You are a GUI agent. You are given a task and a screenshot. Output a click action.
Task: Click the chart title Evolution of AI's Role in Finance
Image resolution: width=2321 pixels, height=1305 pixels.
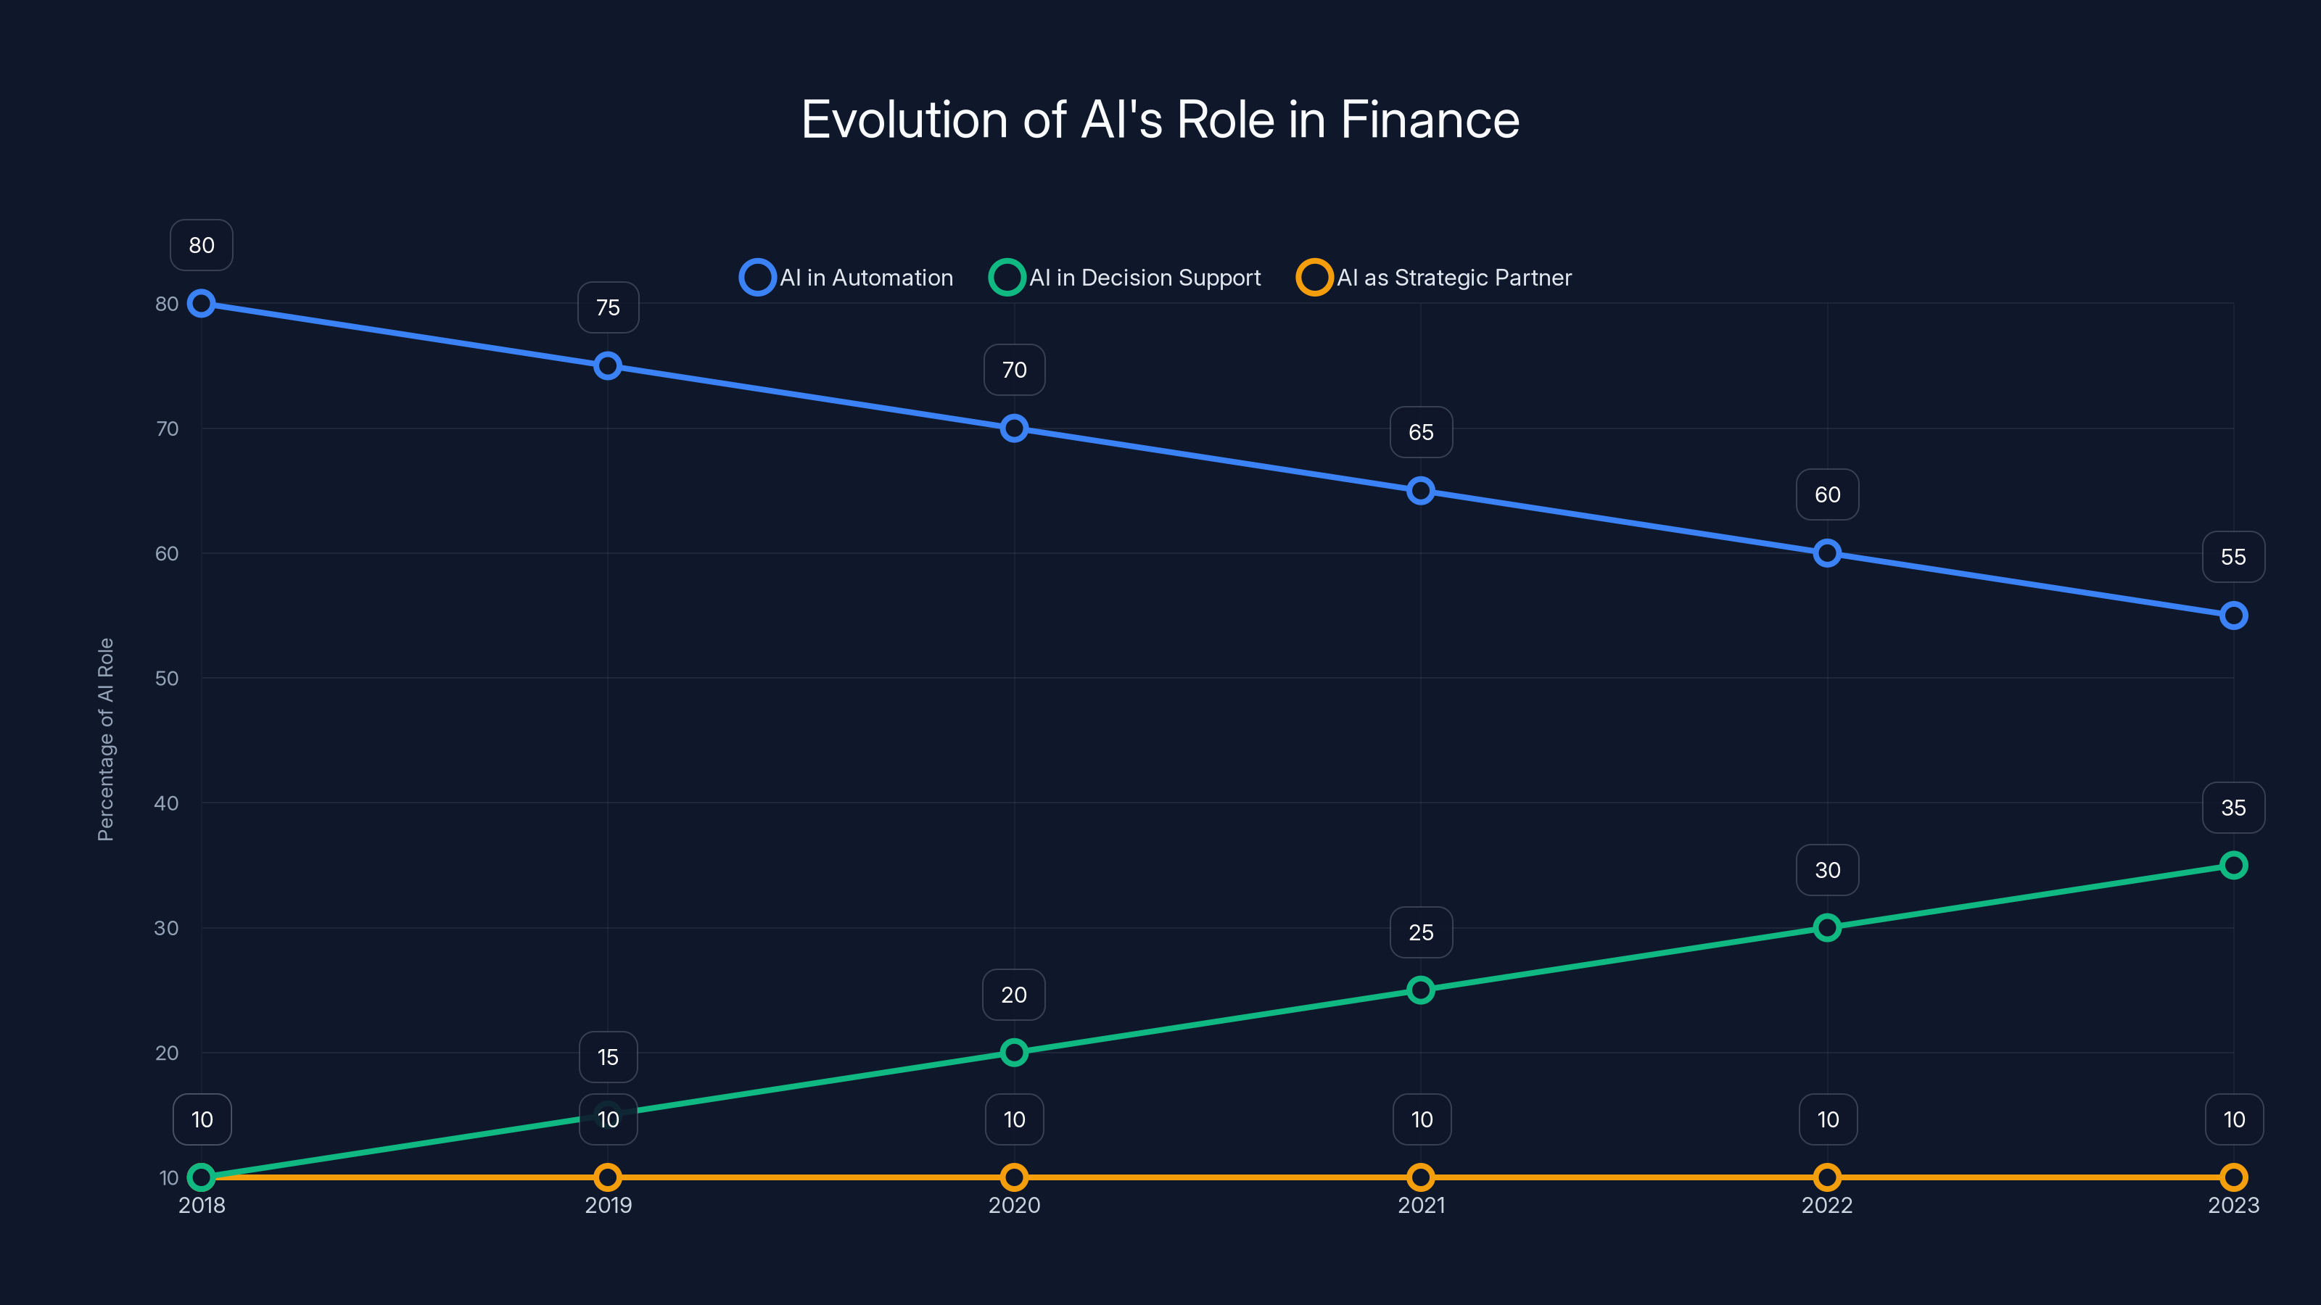click(1160, 120)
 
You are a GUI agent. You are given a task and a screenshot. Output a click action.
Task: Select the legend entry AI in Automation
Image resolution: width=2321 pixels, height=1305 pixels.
click(847, 278)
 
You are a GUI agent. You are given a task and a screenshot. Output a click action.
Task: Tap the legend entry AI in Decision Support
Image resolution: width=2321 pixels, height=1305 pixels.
click(1126, 278)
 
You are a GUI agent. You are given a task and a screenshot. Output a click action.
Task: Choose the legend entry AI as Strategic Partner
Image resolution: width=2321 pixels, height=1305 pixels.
click(1435, 278)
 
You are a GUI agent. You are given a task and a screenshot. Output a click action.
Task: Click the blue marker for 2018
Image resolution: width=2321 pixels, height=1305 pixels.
click(201, 304)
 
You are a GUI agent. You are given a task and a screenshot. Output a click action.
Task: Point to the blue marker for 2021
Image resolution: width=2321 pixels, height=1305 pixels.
click(1421, 491)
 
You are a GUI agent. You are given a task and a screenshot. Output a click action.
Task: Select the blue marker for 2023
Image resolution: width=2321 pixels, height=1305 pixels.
click(2233, 616)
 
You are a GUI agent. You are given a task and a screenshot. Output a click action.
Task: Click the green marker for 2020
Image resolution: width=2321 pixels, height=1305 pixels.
click(1014, 1052)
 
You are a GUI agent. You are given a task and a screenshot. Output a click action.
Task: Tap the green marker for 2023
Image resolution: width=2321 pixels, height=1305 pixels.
click(2233, 866)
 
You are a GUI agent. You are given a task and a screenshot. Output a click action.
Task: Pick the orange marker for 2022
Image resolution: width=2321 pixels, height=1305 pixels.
click(1826, 1177)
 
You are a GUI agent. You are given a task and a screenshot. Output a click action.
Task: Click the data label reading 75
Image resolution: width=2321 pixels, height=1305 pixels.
click(609, 308)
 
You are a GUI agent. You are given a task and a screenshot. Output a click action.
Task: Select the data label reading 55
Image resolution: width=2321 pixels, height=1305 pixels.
click(2233, 558)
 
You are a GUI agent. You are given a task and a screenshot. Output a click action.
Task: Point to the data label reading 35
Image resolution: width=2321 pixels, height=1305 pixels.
click(2233, 808)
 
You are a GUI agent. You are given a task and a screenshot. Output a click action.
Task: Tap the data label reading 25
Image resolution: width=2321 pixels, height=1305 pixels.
click(1421, 932)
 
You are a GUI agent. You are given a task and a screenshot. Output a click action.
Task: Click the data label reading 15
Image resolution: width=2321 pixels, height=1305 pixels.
click(609, 1057)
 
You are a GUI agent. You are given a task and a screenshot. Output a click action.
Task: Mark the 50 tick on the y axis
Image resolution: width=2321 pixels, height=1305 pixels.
click(167, 678)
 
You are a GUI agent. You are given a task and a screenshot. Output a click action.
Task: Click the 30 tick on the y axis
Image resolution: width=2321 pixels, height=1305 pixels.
click(167, 928)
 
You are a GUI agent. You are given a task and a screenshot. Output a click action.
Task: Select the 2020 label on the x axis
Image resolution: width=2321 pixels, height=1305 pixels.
click(1014, 1205)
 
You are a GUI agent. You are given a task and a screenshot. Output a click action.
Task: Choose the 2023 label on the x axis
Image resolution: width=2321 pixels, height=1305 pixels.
click(2233, 1205)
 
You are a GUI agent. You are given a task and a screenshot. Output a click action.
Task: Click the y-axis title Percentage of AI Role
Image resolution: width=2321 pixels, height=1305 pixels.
click(105, 739)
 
